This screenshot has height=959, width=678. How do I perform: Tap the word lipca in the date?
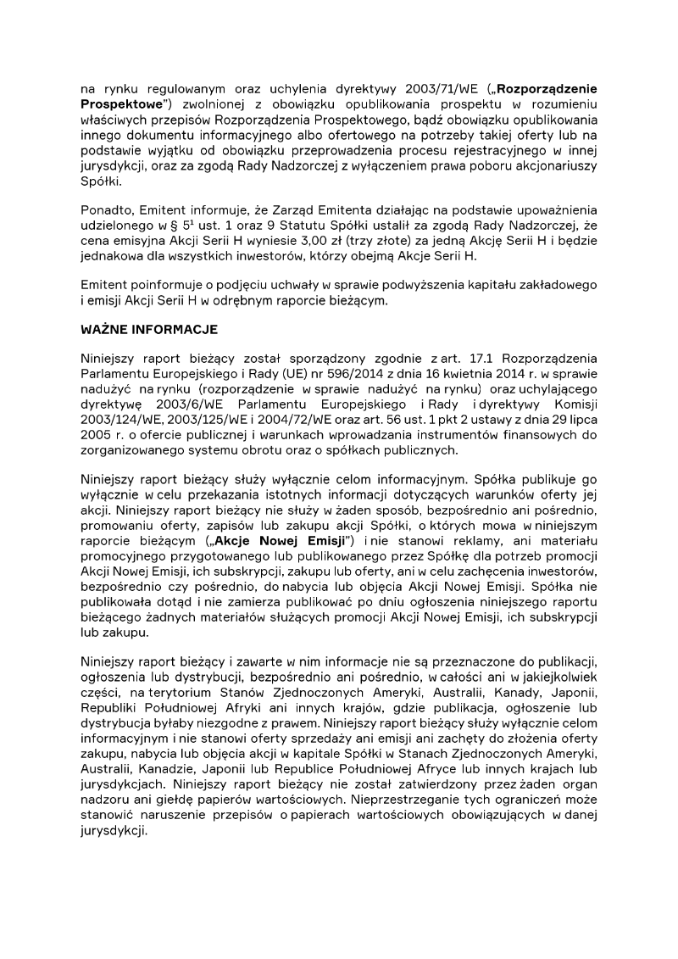pyautogui.click(x=582, y=418)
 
